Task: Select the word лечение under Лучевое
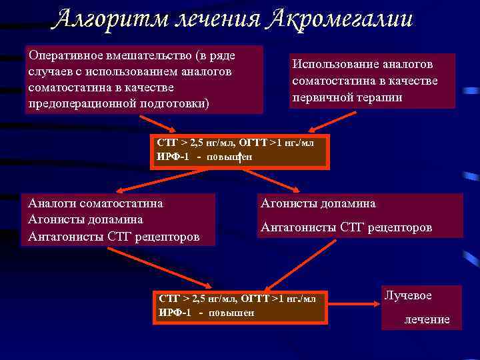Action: (x=427, y=319)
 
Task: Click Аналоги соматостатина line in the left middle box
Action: (x=95, y=203)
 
